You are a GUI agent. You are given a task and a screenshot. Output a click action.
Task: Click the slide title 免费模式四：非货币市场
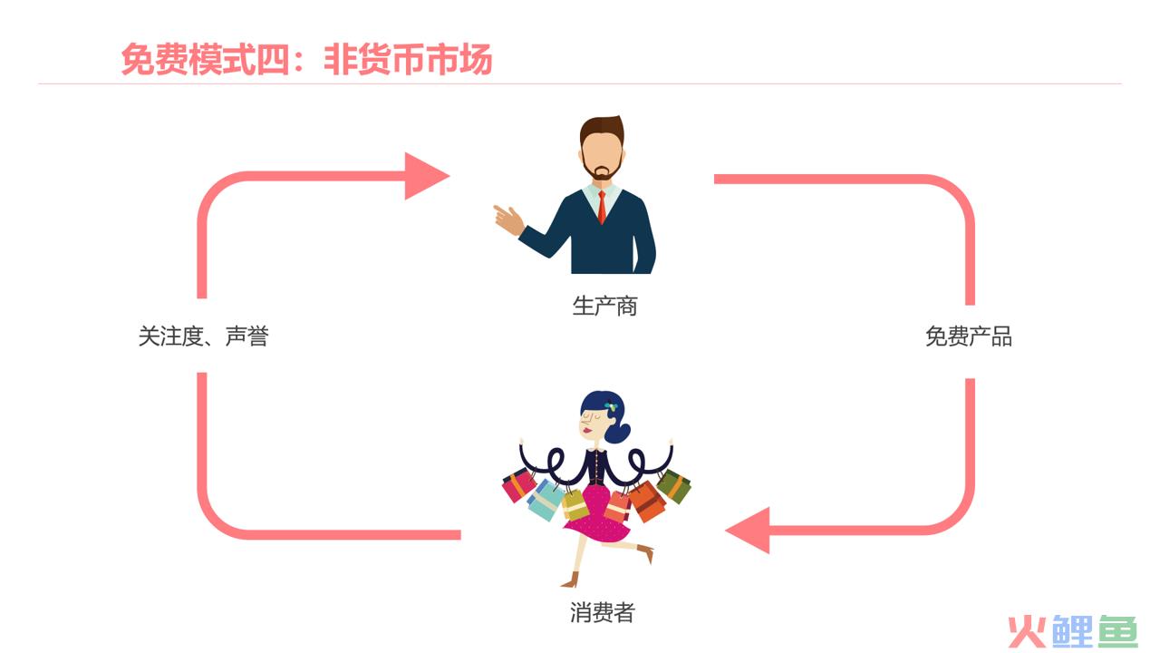[306, 59]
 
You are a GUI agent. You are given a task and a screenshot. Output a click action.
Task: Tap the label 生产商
[604, 306]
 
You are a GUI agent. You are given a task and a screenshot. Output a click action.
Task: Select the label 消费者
[603, 612]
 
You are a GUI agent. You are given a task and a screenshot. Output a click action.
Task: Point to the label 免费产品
[969, 336]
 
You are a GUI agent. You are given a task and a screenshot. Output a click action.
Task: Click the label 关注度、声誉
[204, 336]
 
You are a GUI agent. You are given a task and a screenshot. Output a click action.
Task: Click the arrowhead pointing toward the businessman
[426, 176]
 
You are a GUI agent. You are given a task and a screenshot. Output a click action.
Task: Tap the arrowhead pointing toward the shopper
[749, 531]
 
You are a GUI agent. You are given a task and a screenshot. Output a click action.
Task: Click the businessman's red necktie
[602, 207]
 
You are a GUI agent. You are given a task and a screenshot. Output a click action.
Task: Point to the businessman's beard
[603, 170]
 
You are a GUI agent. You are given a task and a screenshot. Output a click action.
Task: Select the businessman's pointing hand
[508, 219]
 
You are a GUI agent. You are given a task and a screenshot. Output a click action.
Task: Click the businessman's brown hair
[603, 129]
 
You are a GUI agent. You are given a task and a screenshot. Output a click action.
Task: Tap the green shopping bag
[674, 486]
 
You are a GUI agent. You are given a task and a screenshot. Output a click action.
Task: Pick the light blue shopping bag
[546, 500]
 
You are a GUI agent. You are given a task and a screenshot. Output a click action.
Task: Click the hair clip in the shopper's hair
[612, 407]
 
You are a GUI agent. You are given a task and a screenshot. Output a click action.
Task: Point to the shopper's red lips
[587, 430]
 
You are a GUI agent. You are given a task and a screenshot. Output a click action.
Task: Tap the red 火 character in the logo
[1027, 632]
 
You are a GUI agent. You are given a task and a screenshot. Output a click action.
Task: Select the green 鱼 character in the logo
[1118, 631]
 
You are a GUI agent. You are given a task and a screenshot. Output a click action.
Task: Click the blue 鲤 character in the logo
[1072, 631]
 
